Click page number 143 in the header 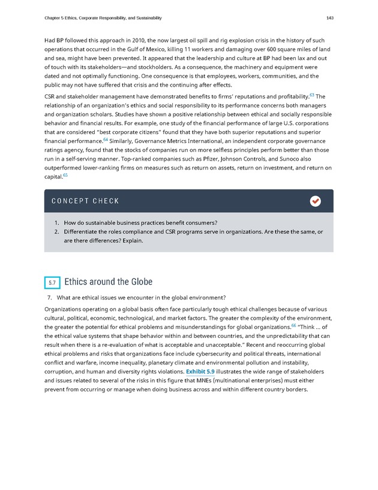(329, 18)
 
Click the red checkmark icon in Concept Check (315, 201)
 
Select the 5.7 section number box (52, 282)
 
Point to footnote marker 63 (312, 94)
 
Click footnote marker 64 (106, 139)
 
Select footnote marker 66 (293, 325)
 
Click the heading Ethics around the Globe (108, 282)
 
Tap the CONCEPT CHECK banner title (85, 201)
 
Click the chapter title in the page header (103, 18)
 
